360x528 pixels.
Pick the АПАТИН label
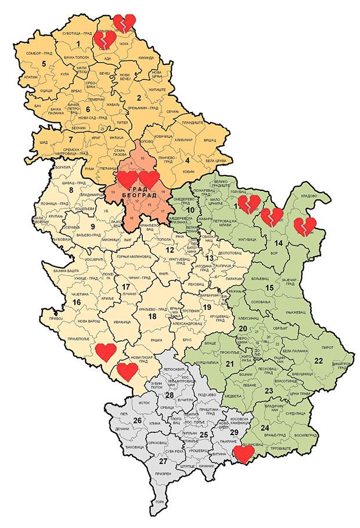[x=31, y=77]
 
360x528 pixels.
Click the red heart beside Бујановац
[x=244, y=454]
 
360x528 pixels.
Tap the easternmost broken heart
[x=304, y=226]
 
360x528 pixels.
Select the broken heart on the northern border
[x=123, y=23]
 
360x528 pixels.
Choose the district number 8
[x=71, y=190]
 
